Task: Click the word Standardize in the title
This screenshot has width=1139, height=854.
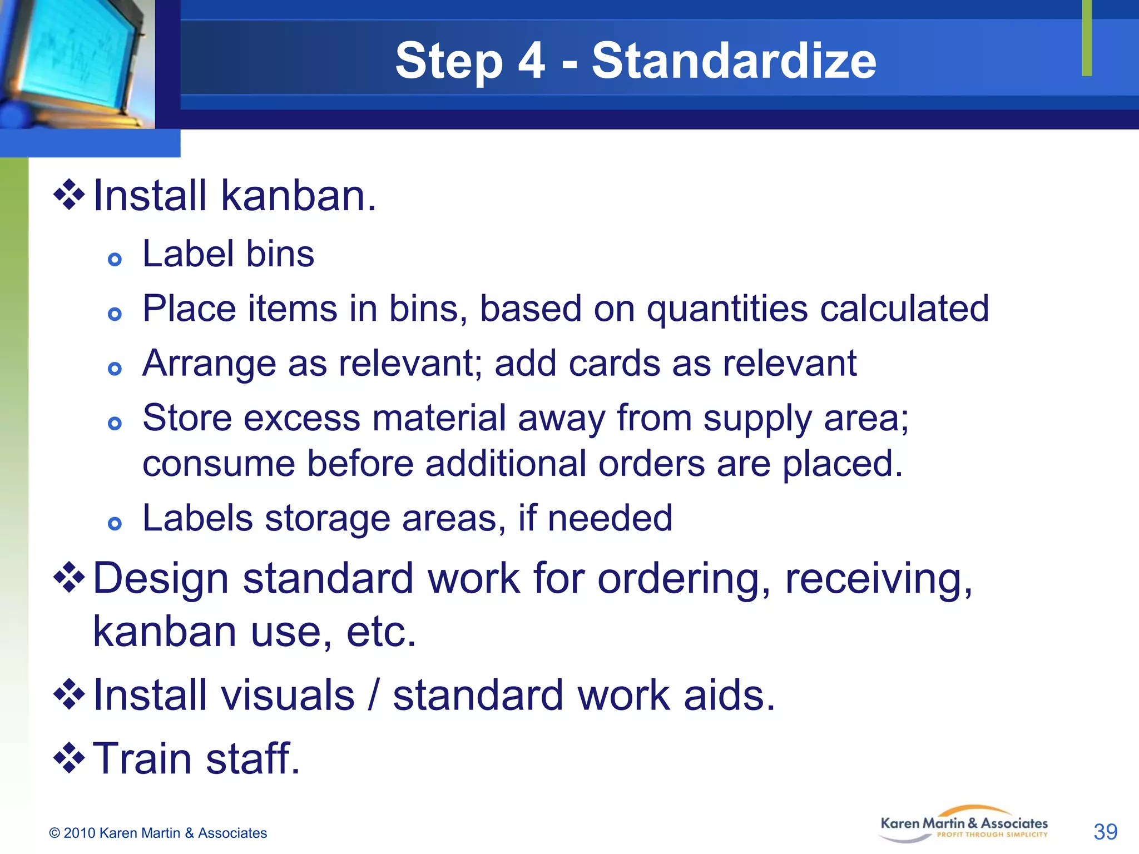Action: tap(734, 61)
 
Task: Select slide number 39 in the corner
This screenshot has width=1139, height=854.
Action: tap(1105, 832)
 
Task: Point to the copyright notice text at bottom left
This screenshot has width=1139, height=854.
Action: tap(158, 833)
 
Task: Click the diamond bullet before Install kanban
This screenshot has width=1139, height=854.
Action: tap(69, 195)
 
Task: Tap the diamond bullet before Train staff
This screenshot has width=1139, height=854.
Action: tap(69, 758)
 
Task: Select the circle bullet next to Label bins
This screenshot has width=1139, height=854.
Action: tap(115, 259)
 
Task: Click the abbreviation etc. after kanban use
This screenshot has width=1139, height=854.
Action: tap(380, 632)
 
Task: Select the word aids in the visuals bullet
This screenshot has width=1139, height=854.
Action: tap(729, 696)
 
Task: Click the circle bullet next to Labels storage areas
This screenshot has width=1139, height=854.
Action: tap(115, 523)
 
